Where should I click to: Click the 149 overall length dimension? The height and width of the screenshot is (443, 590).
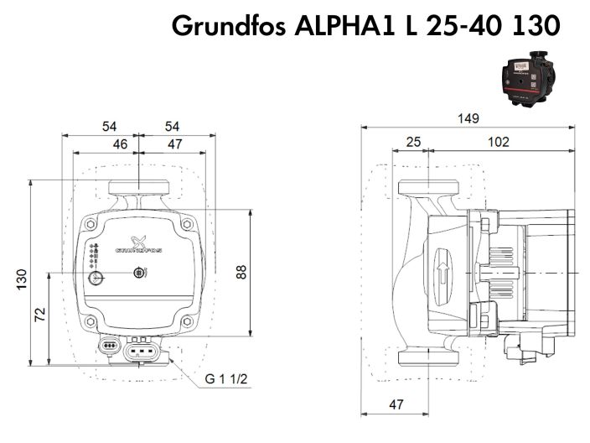click(468, 119)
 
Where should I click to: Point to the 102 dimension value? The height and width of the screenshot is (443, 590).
click(498, 143)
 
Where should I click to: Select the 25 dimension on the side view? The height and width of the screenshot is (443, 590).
click(413, 143)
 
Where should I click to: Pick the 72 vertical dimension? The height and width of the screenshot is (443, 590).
click(40, 316)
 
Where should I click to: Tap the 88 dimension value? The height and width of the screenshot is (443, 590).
click(241, 272)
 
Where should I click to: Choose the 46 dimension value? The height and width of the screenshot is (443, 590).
click(121, 144)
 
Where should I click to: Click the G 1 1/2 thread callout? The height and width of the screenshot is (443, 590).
click(225, 378)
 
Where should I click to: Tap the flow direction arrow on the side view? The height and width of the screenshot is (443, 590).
click(442, 273)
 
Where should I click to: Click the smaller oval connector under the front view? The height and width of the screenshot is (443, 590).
click(108, 345)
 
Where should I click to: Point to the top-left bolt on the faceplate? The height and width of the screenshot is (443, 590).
click(90, 224)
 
